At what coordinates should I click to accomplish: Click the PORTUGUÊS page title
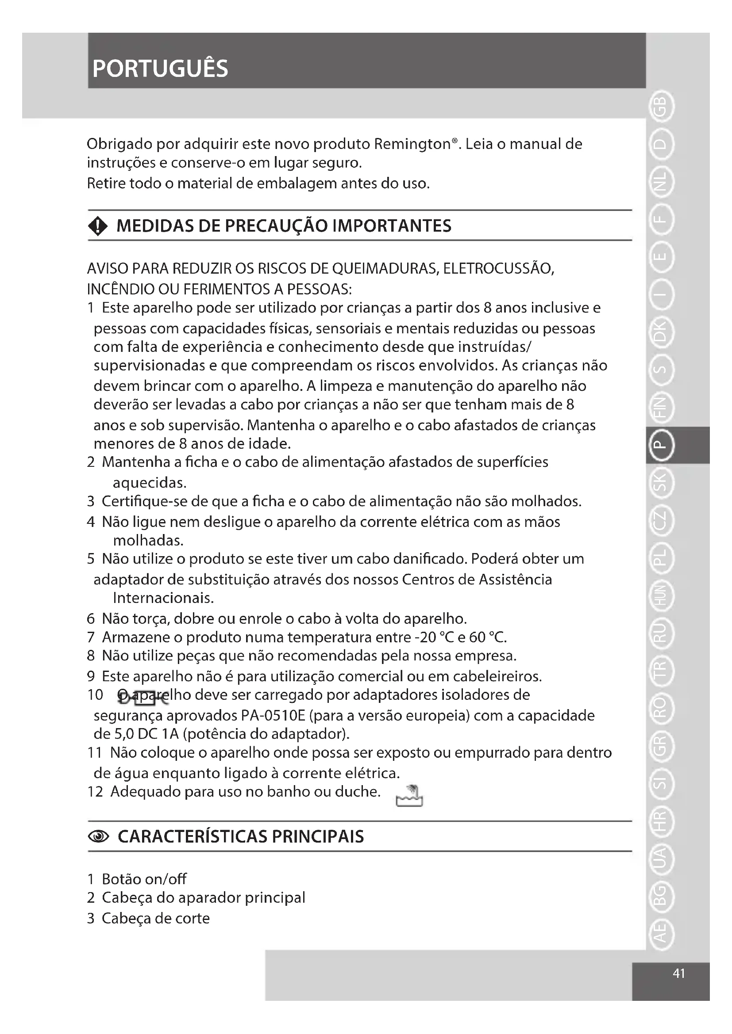(160, 69)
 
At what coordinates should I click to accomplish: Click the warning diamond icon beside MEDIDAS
(98, 226)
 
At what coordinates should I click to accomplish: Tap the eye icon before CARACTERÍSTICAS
(99, 837)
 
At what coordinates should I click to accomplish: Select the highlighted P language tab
(660, 445)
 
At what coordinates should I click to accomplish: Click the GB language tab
(660, 107)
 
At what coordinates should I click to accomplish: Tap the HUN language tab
(660, 596)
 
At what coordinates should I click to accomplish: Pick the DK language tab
(660, 332)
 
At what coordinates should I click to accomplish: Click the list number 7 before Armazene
(91, 637)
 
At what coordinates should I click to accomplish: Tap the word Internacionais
(164, 598)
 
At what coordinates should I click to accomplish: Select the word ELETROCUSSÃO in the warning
(498, 269)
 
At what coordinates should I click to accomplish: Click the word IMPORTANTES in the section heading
(392, 226)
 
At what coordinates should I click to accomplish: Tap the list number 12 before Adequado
(95, 791)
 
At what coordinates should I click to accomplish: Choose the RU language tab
(660, 633)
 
